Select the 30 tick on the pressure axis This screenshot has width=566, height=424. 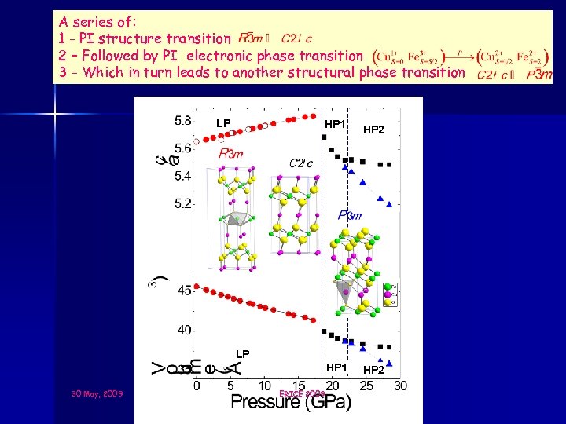(399, 386)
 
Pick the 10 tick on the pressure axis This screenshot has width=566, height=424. (265, 386)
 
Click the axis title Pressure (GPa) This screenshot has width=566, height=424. (291, 402)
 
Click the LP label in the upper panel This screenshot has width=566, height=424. (224, 123)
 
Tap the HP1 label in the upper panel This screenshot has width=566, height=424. (336, 124)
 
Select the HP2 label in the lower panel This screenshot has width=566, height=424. (373, 370)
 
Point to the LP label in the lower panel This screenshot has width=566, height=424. (242, 355)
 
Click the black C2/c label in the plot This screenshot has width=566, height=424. (301, 163)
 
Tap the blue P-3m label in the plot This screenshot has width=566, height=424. (350, 214)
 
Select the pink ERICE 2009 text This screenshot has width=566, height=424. (302, 393)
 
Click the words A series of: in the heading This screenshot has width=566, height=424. (86, 21)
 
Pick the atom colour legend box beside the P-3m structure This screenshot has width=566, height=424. (389, 294)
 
